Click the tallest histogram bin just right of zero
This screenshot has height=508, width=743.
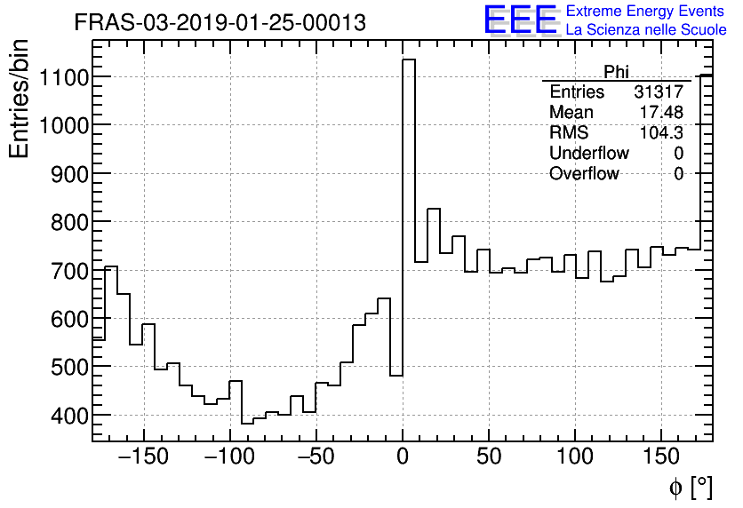(409, 222)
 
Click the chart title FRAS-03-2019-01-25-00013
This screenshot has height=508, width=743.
(220, 23)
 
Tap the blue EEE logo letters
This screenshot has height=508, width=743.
(520, 20)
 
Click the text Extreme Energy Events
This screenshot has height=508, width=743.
(646, 12)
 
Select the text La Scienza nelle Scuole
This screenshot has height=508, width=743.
(646, 30)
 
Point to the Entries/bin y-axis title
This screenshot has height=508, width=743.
(19, 99)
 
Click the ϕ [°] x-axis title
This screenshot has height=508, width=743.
(690, 487)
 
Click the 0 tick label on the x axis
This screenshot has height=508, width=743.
(403, 457)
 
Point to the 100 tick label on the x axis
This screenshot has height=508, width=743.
(575, 457)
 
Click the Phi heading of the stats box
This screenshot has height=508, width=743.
(616, 72)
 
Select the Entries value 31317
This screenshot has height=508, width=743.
(659, 92)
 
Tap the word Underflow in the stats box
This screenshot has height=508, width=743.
(588, 154)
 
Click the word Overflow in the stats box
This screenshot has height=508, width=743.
(584, 174)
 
